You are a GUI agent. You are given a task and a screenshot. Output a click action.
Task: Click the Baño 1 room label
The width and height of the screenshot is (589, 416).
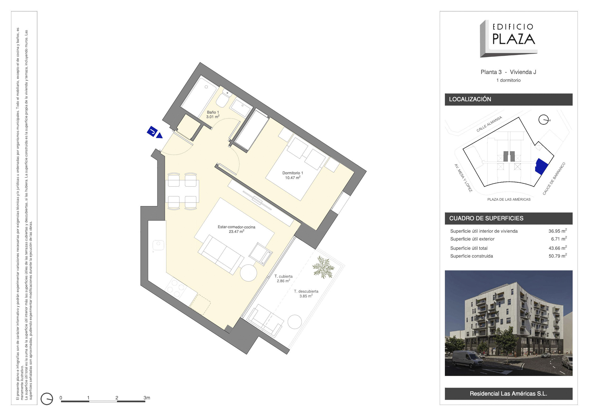213,114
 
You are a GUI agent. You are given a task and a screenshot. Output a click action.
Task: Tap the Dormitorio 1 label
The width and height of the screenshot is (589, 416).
293,175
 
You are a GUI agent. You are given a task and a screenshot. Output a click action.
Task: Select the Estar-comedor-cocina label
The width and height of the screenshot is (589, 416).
236,229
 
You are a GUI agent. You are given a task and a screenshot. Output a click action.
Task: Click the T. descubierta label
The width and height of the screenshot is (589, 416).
306,294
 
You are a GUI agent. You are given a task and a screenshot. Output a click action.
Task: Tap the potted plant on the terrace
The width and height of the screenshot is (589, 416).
323,267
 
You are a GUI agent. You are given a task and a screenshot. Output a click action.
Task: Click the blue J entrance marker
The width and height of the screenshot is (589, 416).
155,132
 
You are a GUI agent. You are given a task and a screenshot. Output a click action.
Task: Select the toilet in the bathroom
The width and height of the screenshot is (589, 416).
224,98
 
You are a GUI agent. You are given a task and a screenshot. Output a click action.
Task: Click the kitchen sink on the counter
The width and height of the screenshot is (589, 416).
158,245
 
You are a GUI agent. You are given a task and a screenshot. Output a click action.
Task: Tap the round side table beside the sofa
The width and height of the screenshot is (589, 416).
248,273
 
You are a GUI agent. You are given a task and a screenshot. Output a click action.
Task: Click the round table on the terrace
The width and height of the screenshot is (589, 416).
294,322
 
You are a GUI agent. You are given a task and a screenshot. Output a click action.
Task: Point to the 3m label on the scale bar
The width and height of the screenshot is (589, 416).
147,398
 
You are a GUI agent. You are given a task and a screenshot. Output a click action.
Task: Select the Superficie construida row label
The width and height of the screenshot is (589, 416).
472,256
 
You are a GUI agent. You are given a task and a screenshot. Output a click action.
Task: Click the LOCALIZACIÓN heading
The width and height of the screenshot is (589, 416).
470,99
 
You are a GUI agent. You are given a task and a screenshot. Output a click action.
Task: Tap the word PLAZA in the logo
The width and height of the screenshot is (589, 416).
514,39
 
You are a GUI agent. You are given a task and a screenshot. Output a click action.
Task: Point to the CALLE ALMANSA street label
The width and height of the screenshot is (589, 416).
489,124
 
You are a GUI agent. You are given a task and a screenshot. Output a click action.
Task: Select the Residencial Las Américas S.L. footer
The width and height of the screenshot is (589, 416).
508,394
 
